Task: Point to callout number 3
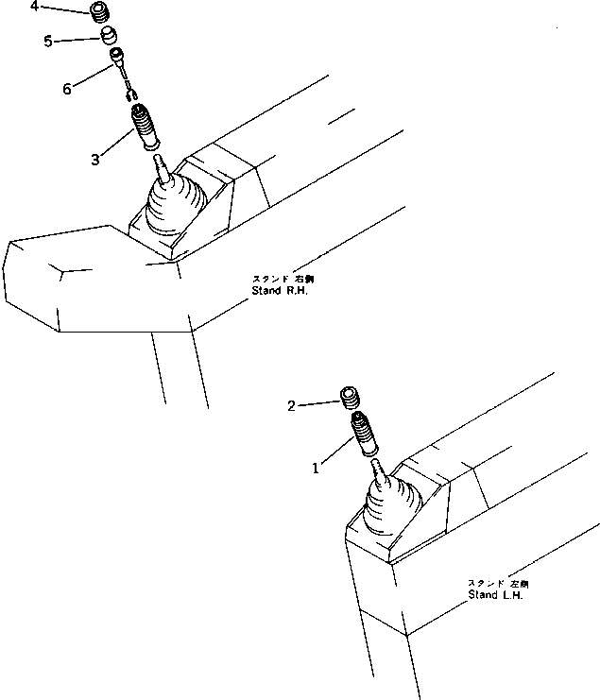(x=95, y=159)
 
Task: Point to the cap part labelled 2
(x=352, y=396)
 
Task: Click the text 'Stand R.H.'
(x=281, y=291)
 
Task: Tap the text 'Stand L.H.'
(x=495, y=595)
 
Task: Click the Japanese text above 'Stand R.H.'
(x=281, y=279)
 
